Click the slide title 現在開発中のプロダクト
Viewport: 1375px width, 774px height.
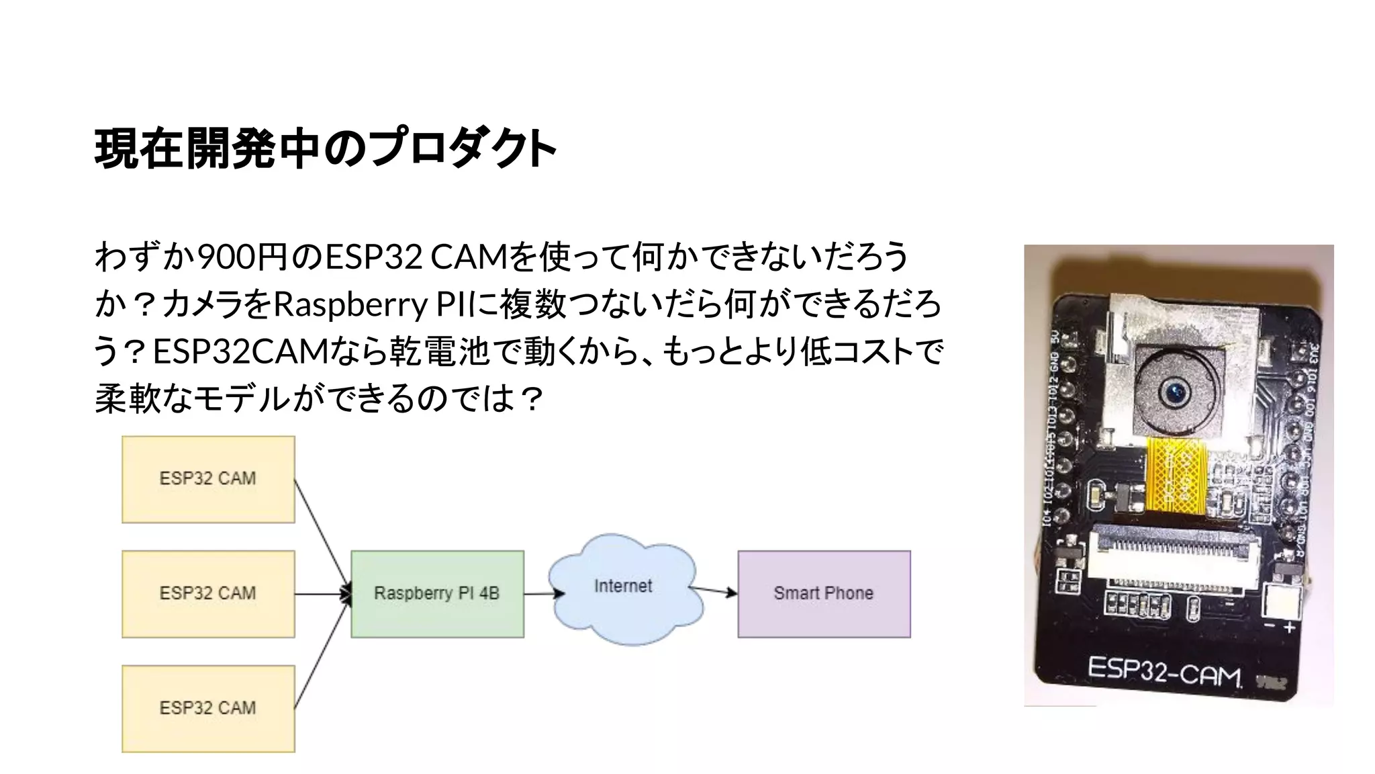tap(326, 148)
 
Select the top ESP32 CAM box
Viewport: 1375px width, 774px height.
tap(208, 479)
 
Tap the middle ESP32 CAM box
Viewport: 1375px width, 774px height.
tap(208, 594)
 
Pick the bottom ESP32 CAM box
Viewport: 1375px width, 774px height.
tap(208, 708)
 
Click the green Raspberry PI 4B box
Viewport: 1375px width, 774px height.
tap(437, 594)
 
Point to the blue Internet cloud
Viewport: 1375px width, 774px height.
tap(624, 588)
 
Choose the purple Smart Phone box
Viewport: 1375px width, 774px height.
tap(824, 594)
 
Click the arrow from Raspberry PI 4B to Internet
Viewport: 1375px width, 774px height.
tap(542, 593)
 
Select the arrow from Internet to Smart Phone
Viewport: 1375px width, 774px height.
tap(712, 591)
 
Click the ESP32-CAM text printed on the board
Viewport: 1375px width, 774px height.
tap(1164, 671)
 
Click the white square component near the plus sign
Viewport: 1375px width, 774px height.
tap(1281, 602)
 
